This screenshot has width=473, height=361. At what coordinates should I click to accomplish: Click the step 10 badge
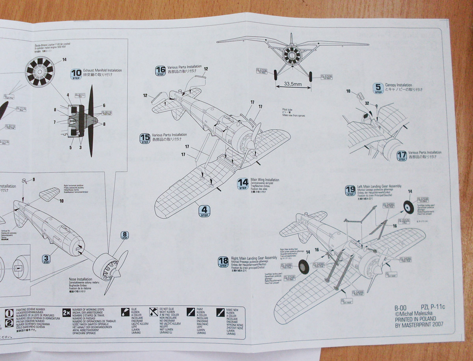[x=76, y=74]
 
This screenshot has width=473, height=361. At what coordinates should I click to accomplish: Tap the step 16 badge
[x=160, y=71]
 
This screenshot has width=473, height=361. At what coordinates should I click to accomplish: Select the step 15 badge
[x=145, y=138]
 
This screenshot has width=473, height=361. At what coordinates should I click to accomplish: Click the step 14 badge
[x=243, y=183]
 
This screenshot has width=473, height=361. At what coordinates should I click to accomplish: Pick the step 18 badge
[x=223, y=261]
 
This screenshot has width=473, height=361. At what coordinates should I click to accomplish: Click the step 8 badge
[x=125, y=236]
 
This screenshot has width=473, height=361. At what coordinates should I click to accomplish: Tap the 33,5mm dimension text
[x=292, y=84]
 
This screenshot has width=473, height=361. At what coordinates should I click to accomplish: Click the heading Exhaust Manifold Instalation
[x=103, y=70]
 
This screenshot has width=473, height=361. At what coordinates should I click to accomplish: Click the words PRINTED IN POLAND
[x=415, y=319]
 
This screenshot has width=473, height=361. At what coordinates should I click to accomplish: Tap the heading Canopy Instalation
[x=399, y=85]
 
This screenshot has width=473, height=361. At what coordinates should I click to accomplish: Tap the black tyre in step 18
[x=304, y=267]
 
